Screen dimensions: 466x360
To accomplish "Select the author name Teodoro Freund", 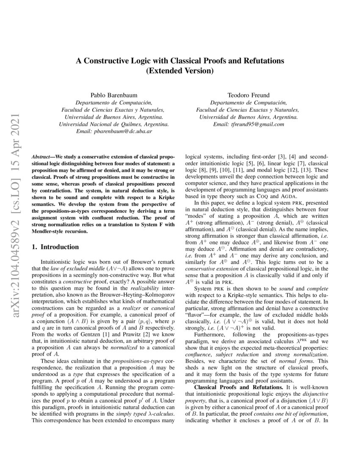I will [x=249, y=95].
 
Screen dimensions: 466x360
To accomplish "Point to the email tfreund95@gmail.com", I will [x=249, y=125].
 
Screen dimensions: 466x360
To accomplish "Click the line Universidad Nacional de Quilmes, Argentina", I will [x=114, y=125].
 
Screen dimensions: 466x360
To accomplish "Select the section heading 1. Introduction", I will [x=55, y=247].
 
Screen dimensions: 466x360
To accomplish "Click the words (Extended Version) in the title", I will [x=180, y=71].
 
